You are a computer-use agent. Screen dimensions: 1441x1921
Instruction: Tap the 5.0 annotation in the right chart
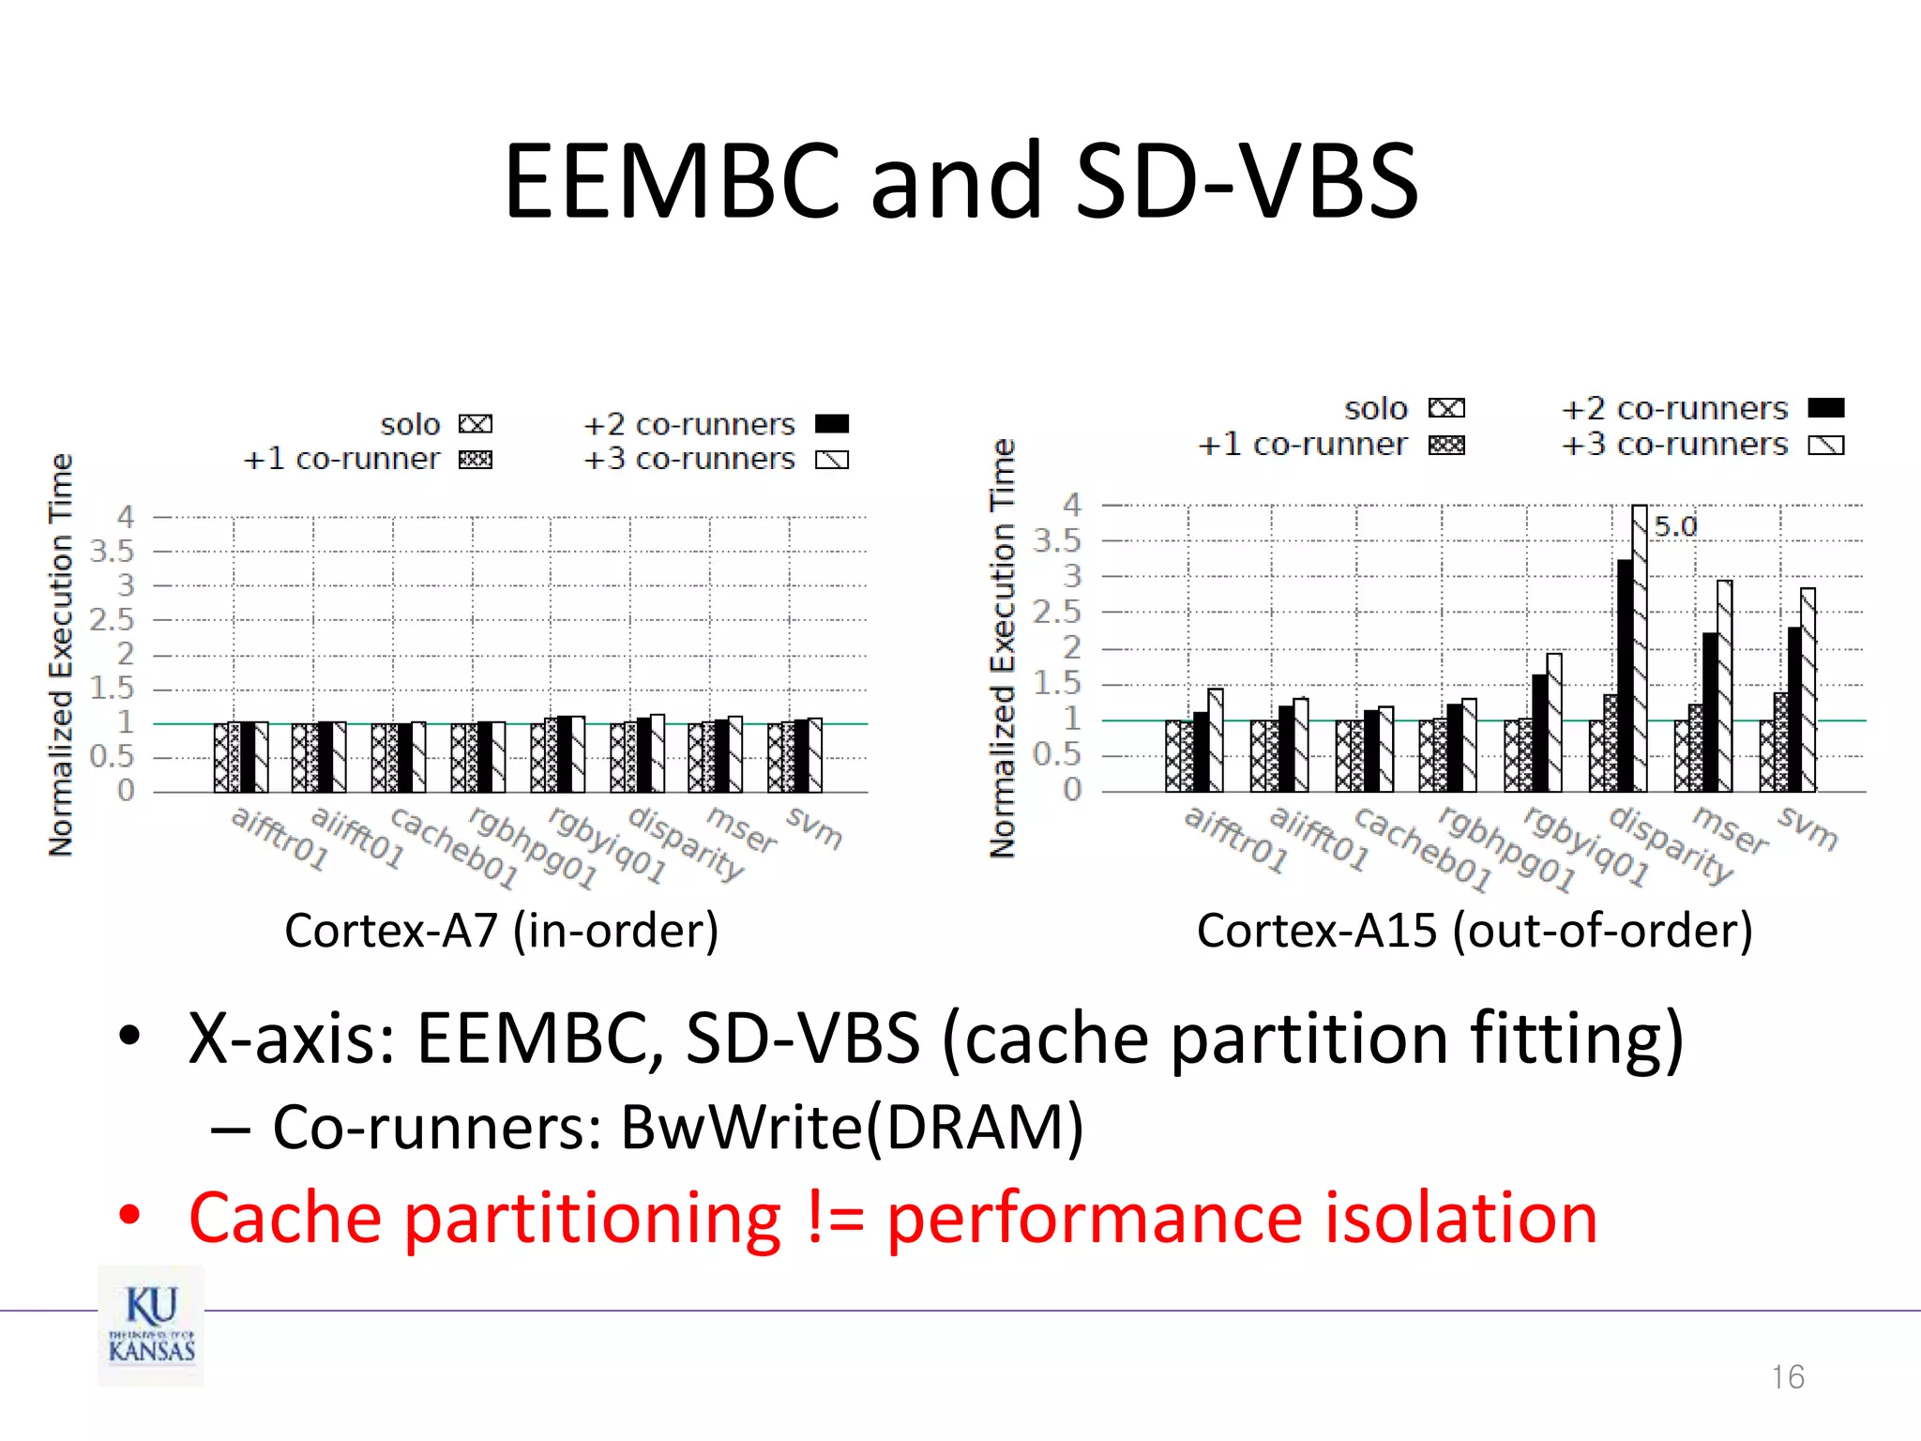(1675, 526)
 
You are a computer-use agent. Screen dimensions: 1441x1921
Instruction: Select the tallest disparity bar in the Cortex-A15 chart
(1639, 647)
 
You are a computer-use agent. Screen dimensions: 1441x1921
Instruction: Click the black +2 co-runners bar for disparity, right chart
(1625, 675)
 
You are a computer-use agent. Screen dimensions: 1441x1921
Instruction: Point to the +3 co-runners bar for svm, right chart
(1808, 690)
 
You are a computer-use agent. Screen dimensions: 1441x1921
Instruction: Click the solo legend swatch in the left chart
(476, 425)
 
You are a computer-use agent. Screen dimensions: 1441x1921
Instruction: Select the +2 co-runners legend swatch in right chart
(1825, 408)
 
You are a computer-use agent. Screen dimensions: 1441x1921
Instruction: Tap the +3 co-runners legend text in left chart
(688, 459)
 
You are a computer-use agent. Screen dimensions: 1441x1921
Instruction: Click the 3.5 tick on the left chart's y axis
(113, 552)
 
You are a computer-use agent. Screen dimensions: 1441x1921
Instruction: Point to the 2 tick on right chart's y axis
(1071, 647)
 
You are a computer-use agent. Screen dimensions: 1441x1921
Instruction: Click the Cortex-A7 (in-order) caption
(502, 931)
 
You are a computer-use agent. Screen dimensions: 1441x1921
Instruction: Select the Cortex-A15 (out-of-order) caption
(1475, 931)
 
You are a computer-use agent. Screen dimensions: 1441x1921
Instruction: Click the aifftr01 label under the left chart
(280, 838)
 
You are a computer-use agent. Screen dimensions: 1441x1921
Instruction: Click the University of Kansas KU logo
(151, 1325)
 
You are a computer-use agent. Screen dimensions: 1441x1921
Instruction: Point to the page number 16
(1788, 1376)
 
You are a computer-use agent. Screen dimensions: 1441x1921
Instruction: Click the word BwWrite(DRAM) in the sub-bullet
(852, 1127)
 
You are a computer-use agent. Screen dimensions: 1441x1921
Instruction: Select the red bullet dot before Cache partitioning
(129, 1215)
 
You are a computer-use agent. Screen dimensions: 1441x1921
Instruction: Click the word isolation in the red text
(1460, 1218)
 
